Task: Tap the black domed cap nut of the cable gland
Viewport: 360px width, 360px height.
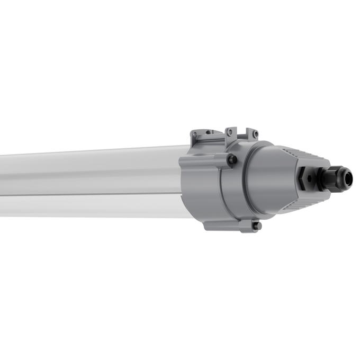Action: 343,178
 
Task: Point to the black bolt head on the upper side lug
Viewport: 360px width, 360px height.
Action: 231,159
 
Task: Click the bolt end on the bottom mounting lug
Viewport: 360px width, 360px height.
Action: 257,226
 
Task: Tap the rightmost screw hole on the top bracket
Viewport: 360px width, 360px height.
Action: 254,133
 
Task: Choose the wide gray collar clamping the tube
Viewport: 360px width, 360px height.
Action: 204,180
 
